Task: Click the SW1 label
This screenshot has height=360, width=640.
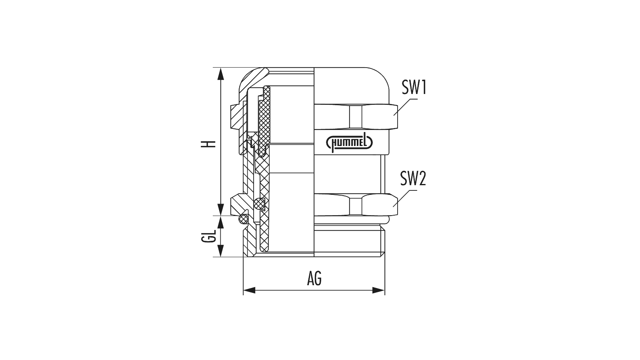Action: (x=414, y=87)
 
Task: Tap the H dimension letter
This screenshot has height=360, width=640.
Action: (x=211, y=144)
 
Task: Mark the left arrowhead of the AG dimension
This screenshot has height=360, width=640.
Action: (x=249, y=290)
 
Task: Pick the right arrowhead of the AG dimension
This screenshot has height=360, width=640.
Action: (x=378, y=290)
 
